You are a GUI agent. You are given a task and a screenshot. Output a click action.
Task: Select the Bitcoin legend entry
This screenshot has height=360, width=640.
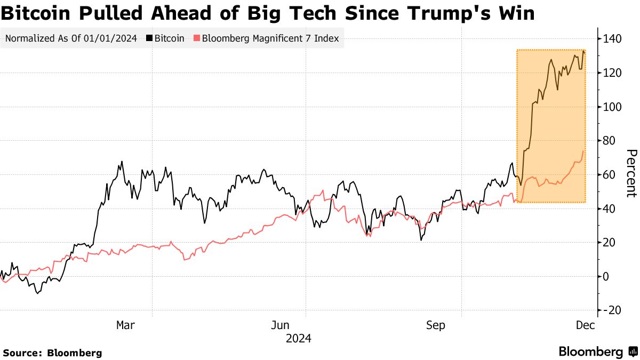[169, 38]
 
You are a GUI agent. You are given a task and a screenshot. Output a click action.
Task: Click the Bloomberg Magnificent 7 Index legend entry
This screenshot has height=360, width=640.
[270, 38]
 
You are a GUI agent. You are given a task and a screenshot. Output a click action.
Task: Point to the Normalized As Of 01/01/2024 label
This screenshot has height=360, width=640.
[70, 38]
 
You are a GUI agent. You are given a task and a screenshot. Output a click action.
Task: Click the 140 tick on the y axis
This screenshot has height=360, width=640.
[612, 39]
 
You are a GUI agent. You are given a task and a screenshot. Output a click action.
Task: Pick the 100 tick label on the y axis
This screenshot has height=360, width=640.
[612, 107]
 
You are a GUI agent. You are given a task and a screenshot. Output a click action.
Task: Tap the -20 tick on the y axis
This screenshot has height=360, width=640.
[612, 310]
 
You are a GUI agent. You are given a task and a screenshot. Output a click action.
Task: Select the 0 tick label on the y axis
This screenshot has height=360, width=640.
[606, 276]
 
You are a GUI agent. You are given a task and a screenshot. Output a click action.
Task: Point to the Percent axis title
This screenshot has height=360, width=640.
[631, 173]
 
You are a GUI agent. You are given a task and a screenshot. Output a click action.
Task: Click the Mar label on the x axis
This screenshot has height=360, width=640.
[126, 325]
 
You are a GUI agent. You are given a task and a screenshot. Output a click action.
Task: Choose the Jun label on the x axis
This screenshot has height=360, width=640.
[281, 325]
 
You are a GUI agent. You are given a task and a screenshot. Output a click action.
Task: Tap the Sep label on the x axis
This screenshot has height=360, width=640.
[436, 325]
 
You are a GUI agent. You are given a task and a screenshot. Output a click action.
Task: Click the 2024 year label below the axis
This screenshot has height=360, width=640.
[299, 339]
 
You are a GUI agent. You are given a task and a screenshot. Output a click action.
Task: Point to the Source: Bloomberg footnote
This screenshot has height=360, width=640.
[52, 353]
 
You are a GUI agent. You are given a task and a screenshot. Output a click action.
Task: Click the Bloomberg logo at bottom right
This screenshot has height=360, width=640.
[597, 352]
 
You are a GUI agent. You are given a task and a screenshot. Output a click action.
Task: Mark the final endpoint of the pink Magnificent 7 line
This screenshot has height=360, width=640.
[583, 151]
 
